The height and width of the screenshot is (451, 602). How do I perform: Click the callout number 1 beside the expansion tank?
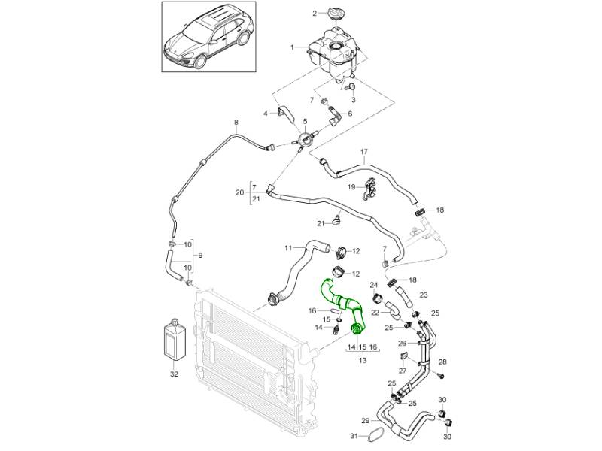pos(293,47)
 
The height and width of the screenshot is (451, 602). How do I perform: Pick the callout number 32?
pos(175,372)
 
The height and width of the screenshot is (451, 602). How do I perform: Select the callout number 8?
pos(236,123)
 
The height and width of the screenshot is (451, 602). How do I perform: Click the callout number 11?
pos(287,247)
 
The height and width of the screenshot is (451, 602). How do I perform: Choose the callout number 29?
pos(365,419)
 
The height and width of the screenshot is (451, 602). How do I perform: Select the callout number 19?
pos(351,186)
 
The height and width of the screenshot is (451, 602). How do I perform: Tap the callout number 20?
pos(239,192)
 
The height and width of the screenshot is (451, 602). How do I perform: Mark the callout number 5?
pos(304,122)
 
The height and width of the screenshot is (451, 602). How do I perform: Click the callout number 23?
pos(424,295)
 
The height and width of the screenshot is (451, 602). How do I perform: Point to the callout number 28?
pos(442,362)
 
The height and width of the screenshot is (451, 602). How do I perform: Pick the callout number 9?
pos(200,255)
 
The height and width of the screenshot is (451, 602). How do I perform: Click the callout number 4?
pos(266,114)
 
